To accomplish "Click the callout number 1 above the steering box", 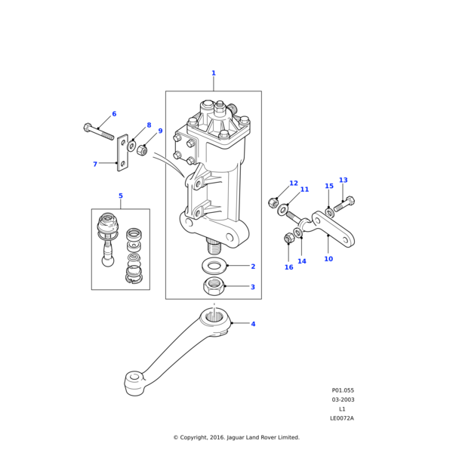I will tap(214, 73).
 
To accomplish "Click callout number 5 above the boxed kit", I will tap(120, 196).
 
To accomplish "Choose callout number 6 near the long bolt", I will tap(114, 114).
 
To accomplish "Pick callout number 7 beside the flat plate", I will tap(95, 164).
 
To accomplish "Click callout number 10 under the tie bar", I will tap(328, 259).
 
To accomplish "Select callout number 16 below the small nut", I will tap(288, 267).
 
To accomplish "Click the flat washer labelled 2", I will tap(214, 266).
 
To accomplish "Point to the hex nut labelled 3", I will tap(214, 286).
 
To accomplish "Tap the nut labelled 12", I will tap(273, 202).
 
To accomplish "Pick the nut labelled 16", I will tap(288, 239).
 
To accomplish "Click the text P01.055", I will tap(342, 390).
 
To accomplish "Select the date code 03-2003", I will tap(343, 399).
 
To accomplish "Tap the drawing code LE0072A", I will tap(342, 418).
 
